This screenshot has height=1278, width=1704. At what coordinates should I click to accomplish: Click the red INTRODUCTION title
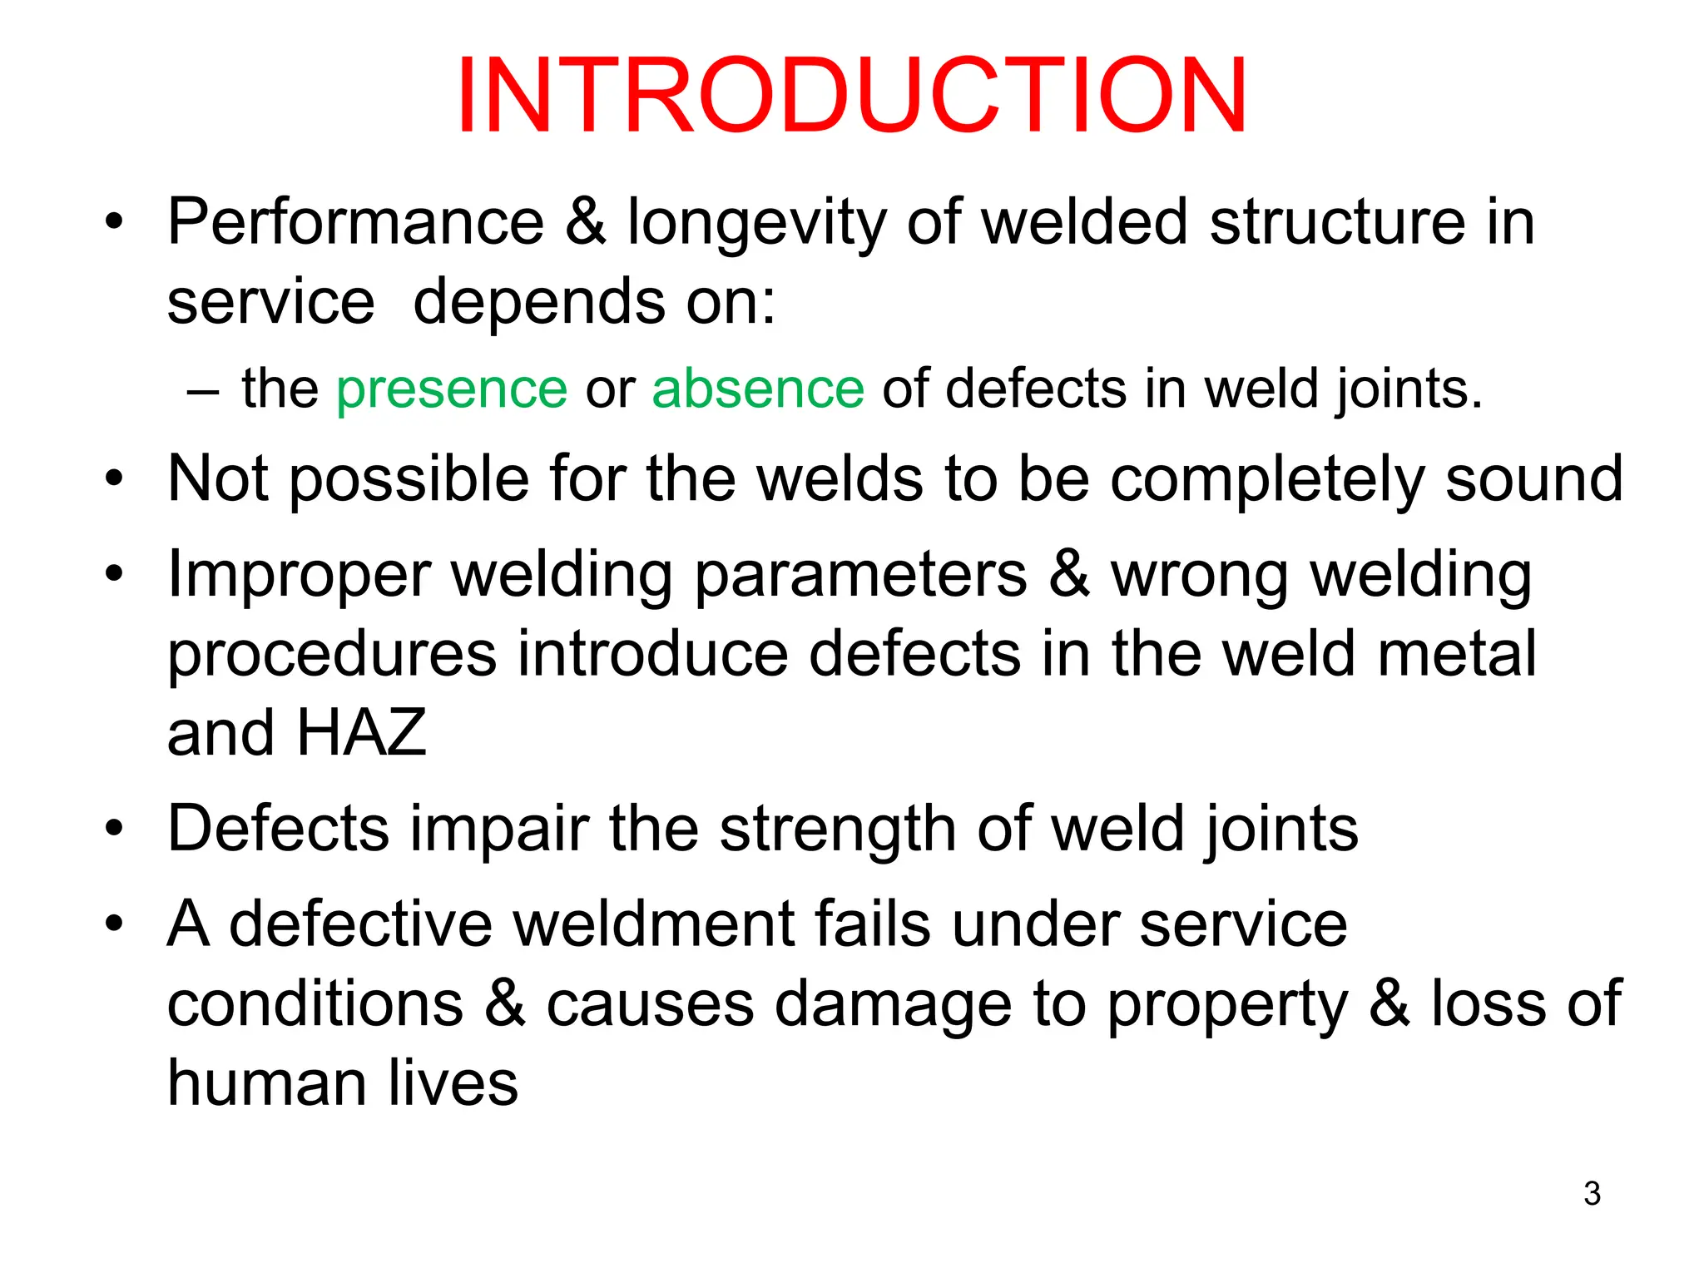click(x=851, y=95)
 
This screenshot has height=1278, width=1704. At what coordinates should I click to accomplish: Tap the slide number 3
click(x=1592, y=1193)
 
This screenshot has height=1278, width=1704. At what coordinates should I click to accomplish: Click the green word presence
click(x=452, y=389)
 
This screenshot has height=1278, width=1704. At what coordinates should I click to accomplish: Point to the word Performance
click(x=355, y=222)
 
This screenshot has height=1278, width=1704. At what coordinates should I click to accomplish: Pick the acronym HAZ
click(x=361, y=733)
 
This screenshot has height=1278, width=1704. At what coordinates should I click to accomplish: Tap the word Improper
click(x=299, y=577)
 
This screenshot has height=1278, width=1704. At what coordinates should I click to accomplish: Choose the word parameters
click(x=860, y=577)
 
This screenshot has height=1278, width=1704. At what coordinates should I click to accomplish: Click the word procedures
click(x=332, y=656)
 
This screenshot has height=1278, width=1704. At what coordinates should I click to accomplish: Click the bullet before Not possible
click(x=114, y=479)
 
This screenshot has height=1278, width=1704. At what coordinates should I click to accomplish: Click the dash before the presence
click(x=203, y=391)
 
